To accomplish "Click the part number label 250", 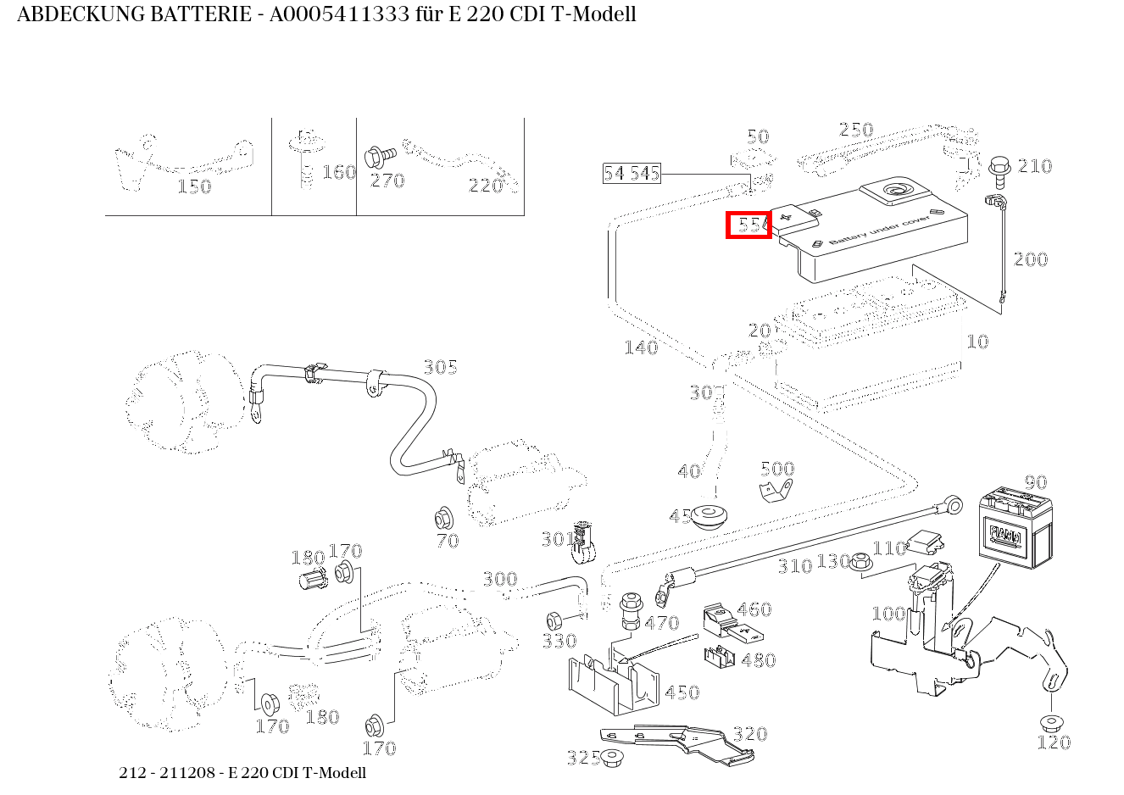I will point(855,130).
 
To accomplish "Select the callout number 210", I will point(1034,166).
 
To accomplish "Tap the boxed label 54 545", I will point(631,174).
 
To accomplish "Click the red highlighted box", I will point(749,225).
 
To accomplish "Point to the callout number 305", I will point(440,367).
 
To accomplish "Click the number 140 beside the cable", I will point(640,347).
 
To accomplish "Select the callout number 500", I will point(776,469).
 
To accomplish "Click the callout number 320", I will point(749,734).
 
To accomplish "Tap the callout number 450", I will point(682,692).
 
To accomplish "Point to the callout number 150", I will point(193,186).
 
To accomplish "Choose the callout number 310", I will point(794,566).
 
